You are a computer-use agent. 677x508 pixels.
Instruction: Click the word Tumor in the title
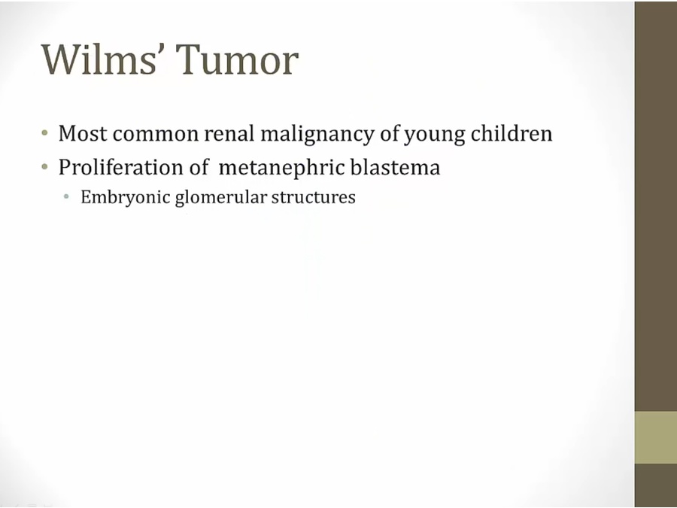pyautogui.click(x=238, y=59)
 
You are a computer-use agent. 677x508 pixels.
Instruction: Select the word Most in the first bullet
pyautogui.click(x=83, y=133)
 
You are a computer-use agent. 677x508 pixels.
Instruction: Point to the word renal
pyautogui.click(x=229, y=133)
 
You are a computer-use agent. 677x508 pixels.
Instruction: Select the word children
pyautogui.click(x=512, y=133)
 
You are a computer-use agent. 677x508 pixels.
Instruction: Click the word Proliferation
pyautogui.click(x=121, y=167)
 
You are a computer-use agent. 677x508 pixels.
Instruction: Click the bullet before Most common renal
pyautogui.click(x=44, y=132)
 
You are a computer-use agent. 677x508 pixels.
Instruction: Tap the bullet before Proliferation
pyautogui.click(x=44, y=166)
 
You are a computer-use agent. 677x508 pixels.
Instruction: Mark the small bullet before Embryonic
pyautogui.click(x=66, y=197)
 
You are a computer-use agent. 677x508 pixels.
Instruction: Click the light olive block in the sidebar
pyautogui.click(x=655, y=437)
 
